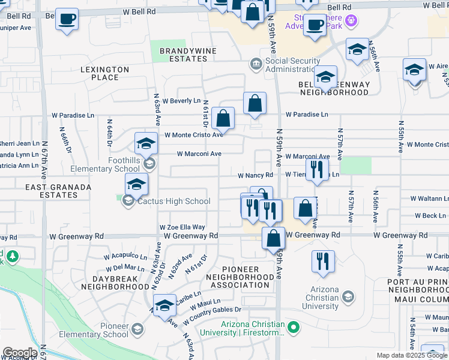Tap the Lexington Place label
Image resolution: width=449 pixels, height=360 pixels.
(x=104, y=74)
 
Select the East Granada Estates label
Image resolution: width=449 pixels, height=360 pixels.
(x=58, y=191)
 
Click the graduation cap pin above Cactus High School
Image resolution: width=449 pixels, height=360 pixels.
(x=136, y=185)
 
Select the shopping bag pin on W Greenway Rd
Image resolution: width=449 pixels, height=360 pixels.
(x=274, y=238)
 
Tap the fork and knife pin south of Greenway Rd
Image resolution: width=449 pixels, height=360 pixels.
(x=323, y=261)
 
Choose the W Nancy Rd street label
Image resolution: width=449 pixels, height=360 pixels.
(x=255, y=175)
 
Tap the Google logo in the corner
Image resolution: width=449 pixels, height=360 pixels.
(x=20, y=353)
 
